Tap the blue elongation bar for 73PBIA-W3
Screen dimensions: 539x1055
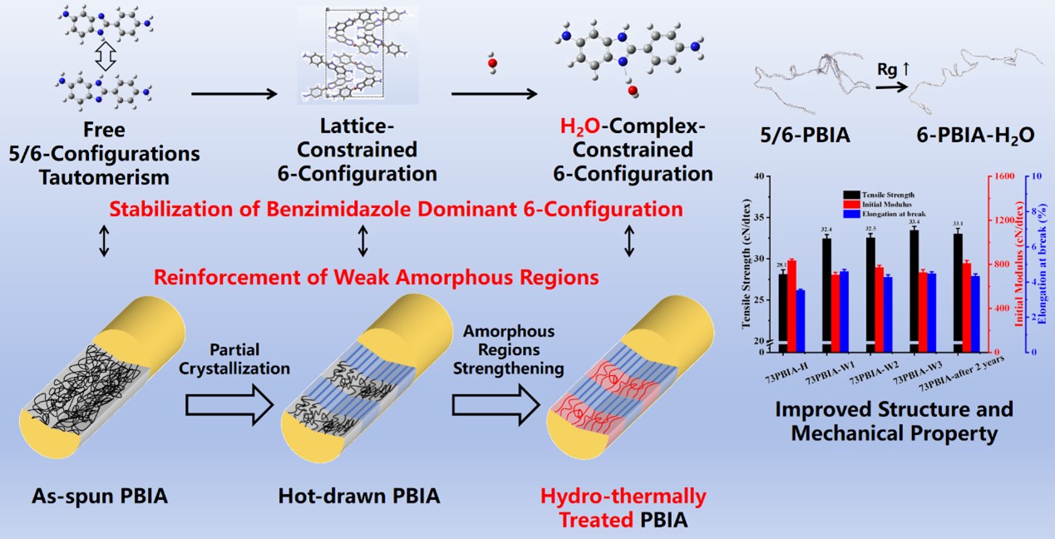(x=931, y=308)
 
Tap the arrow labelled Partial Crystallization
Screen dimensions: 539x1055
(x=229, y=405)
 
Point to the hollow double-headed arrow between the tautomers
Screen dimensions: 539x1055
(x=105, y=56)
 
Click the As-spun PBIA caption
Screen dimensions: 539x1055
(x=101, y=497)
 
